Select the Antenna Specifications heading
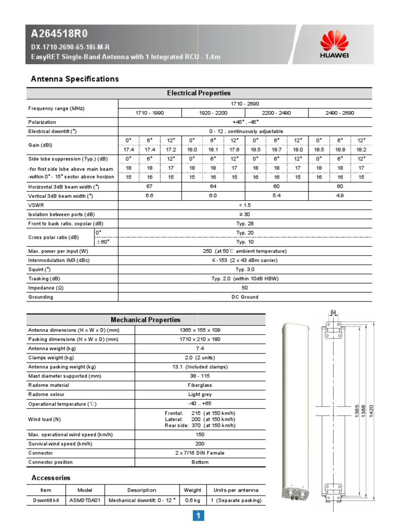point(75,79)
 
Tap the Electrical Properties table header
point(199,93)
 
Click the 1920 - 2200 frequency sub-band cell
point(213,112)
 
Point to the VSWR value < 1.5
point(245,204)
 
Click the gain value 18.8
point(340,149)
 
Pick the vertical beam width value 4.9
point(340,195)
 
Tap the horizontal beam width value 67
point(150,186)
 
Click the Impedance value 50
point(245,288)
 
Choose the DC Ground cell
point(245,297)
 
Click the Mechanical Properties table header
point(146,320)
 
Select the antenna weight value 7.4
point(200,348)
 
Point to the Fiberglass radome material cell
point(200,385)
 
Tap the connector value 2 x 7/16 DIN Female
point(200,453)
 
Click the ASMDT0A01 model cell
point(84,500)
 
